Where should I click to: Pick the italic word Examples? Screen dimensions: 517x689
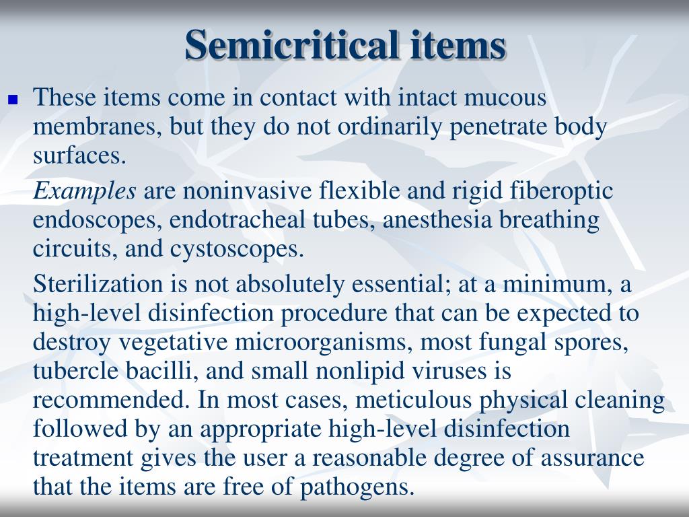click(x=85, y=192)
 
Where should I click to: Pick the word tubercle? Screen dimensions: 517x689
click(x=73, y=371)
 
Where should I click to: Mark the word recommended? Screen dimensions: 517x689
click(x=110, y=401)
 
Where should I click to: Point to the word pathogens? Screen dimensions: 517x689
click(x=356, y=487)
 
